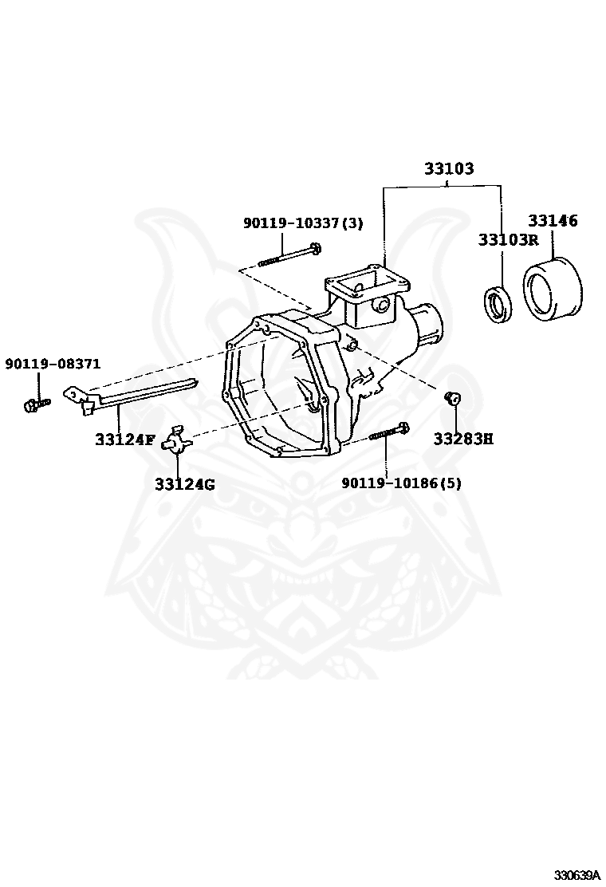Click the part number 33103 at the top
pyautogui.click(x=448, y=169)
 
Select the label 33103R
pyautogui.click(x=508, y=239)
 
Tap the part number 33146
pyautogui.click(x=552, y=221)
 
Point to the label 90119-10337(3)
pyautogui.click(x=302, y=224)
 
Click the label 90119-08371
pyautogui.click(x=53, y=364)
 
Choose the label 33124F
pyautogui.click(x=124, y=439)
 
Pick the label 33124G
pyautogui.click(x=184, y=484)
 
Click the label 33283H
pyautogui.click(x=463, y=439)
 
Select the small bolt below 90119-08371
pyautogui.click(x=36, y=405)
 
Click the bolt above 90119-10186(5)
pyautogui.click(x=389, y=432)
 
